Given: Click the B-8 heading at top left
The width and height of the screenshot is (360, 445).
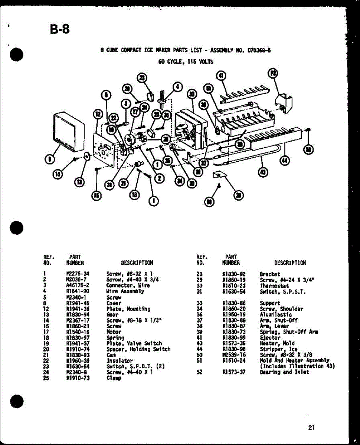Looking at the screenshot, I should coord(59,29).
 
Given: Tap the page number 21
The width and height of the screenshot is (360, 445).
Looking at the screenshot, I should coord(311,428).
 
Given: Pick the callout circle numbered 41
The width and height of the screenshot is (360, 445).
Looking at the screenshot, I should coord(221,76).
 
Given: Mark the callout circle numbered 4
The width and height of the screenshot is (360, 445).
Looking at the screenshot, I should coord(178,88).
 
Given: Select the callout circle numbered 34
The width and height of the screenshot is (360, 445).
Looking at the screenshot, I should coord(180,181).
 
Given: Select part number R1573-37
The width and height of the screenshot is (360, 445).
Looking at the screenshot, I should coord(234,372).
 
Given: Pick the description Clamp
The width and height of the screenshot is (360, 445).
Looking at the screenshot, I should coord(114,378).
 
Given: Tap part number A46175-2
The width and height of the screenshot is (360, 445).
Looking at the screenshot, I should coord(78,286).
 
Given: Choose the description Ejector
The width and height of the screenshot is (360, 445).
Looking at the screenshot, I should coord(270,338).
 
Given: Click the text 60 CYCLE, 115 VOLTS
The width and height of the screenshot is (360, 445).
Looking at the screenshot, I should coord(186,62).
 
